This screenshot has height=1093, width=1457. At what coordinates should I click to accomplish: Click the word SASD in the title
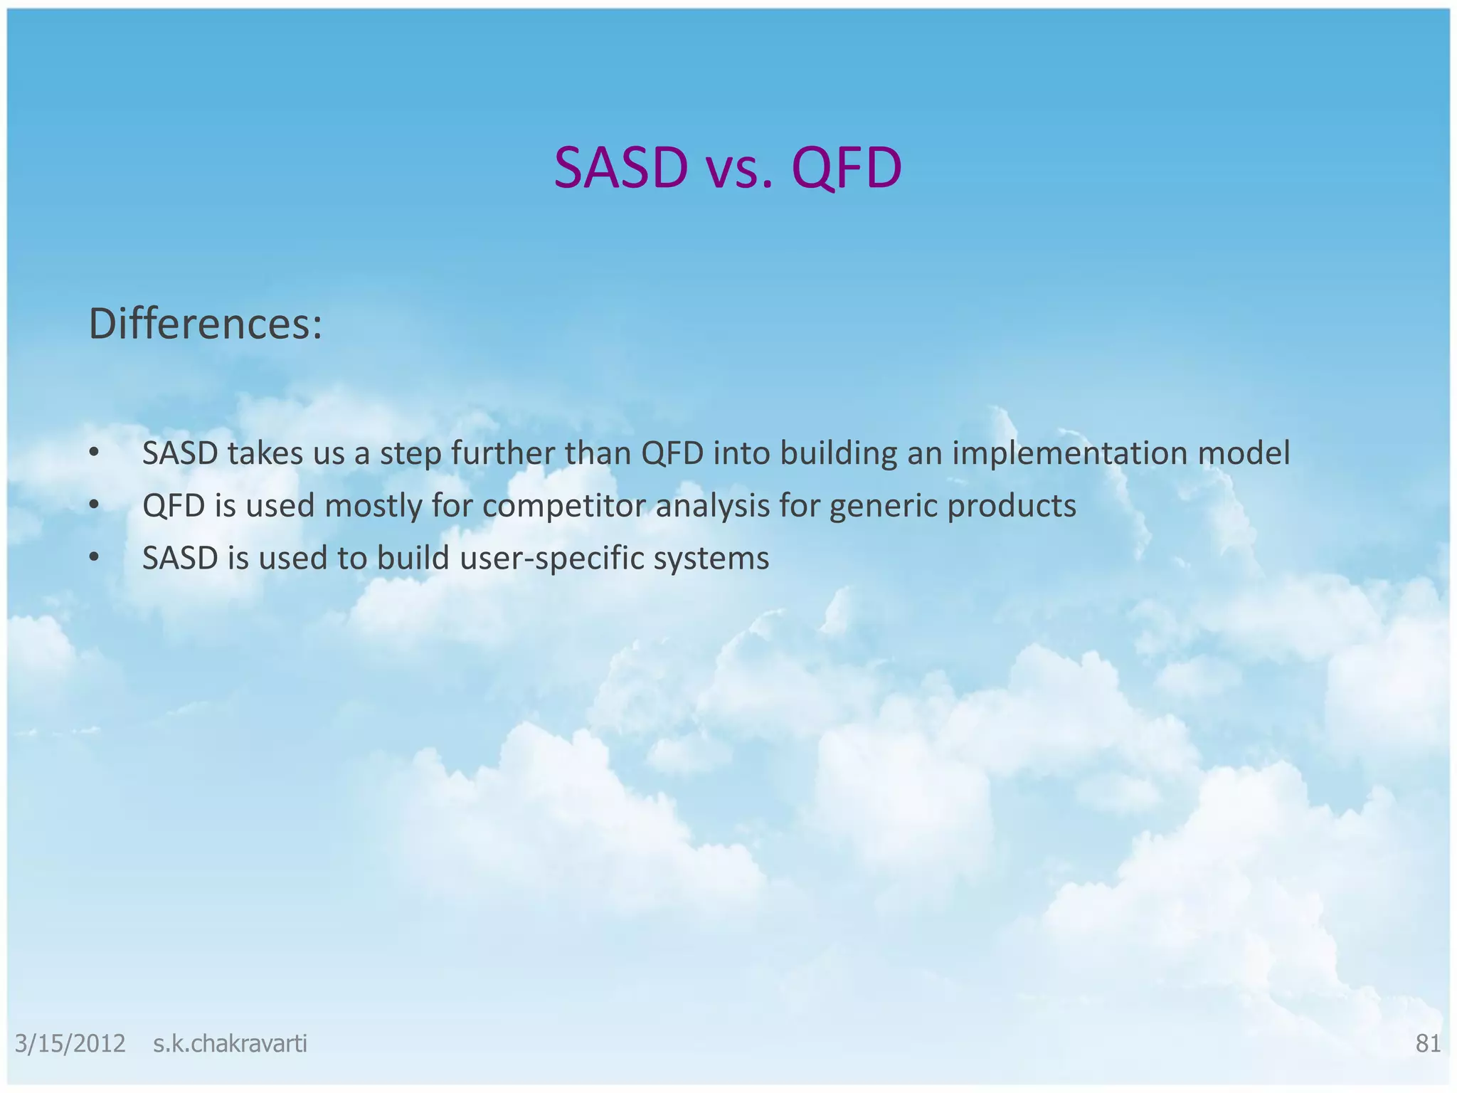coord(621,169)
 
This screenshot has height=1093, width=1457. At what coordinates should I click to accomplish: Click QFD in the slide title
coord(846,169)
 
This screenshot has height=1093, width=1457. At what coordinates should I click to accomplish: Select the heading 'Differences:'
coord(206,324)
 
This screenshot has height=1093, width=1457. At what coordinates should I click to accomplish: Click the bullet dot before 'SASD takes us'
coord(94,453)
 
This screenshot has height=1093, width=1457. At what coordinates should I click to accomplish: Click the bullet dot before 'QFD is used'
coord(94,505)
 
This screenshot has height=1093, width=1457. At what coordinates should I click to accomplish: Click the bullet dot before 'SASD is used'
coord(94,558)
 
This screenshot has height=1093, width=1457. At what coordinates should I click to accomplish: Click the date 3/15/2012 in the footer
coord(70,1044)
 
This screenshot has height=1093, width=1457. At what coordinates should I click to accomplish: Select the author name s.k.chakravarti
coord(230,1044)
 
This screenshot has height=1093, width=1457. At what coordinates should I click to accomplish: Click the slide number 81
coord(1427,1044)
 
